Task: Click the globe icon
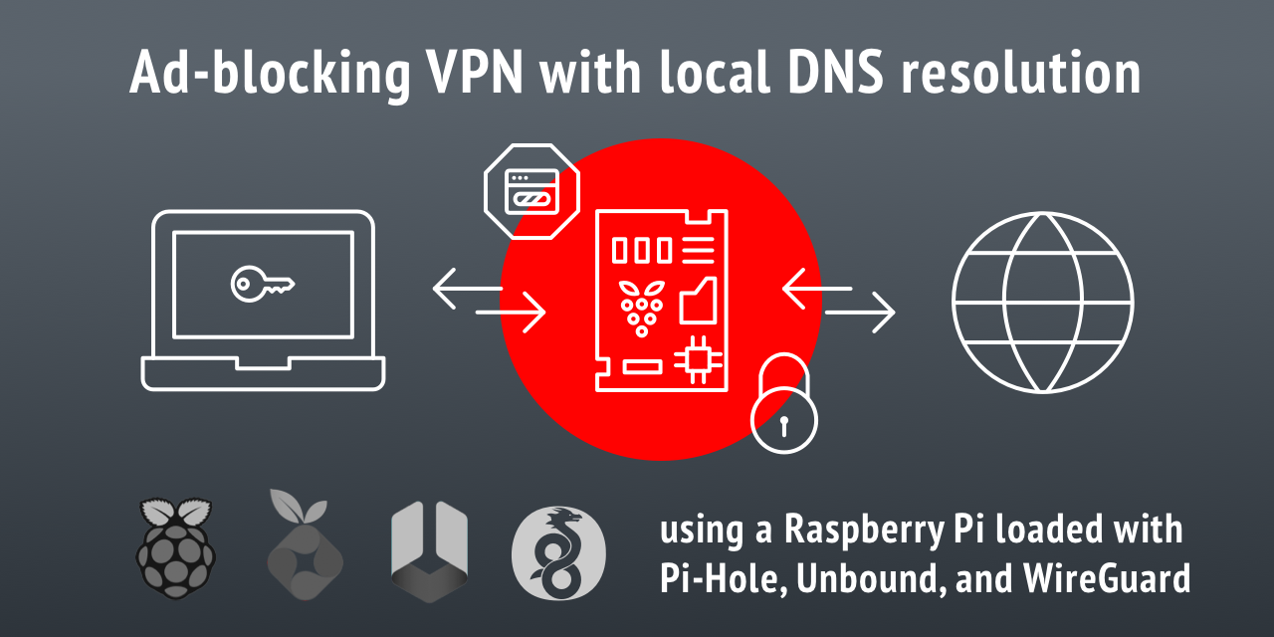tap(1042, 302)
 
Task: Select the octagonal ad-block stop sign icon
tap(532, 189)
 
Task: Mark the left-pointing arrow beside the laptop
tap(468, 290)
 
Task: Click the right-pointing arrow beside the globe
tap(860, 314)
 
